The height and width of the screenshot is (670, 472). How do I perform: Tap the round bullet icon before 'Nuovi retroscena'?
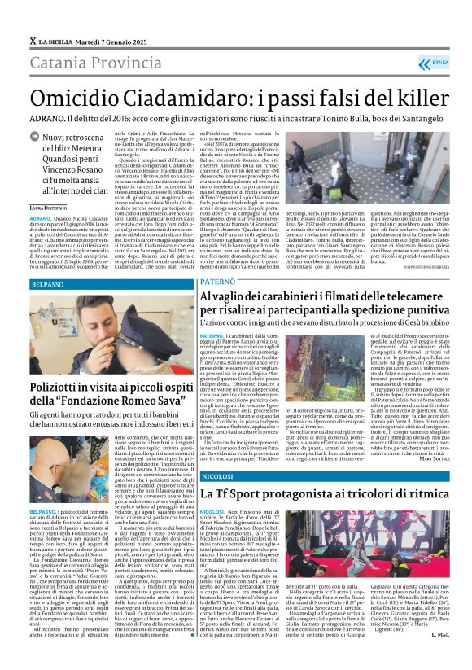[x=34, y=139]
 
